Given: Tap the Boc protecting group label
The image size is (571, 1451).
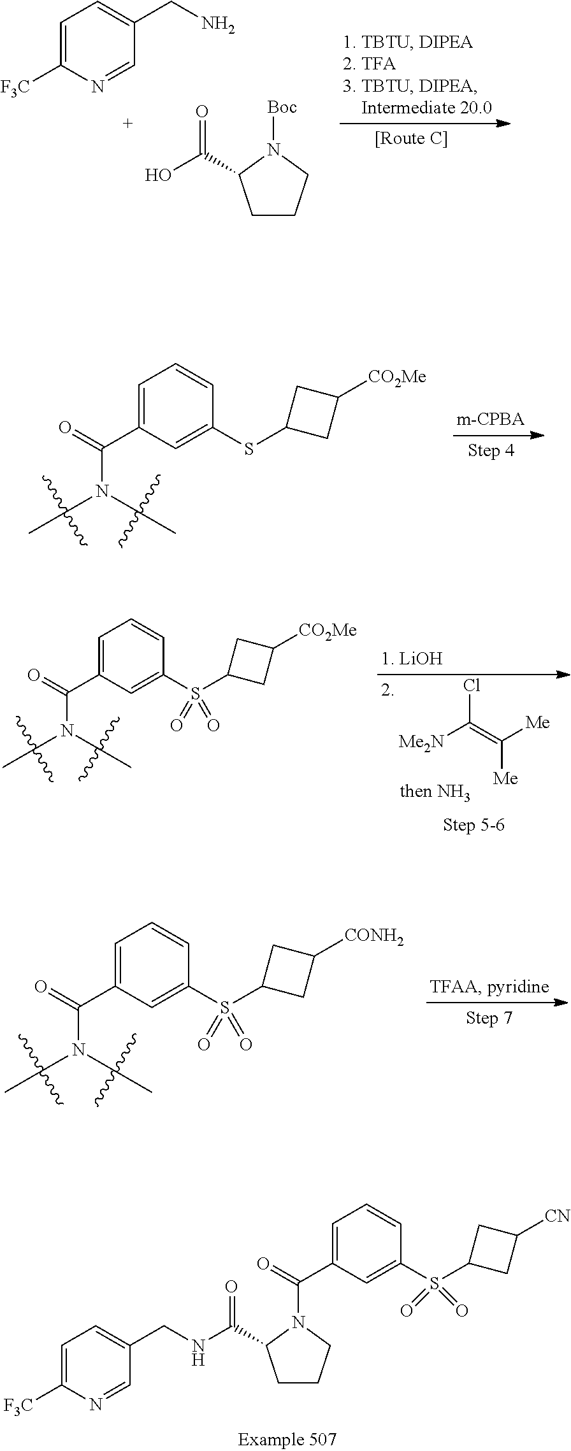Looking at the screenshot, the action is (282, 107).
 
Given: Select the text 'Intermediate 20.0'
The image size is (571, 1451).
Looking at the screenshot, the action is (426, 108).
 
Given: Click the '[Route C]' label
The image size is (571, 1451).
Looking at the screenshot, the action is (411, 138).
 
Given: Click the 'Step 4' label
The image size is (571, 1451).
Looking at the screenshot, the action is (492, 450).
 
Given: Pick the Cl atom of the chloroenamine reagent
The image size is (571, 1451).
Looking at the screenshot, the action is (472, 685).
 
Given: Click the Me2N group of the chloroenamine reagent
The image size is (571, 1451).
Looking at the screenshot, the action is (420, 741).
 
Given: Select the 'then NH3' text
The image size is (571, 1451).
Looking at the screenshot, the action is (435, 792).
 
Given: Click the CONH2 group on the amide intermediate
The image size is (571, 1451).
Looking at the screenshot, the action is (375, 936).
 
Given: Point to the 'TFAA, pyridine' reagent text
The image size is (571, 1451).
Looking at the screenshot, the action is (489, 987).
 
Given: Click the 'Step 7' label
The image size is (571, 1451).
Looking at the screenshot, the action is (489, 1017).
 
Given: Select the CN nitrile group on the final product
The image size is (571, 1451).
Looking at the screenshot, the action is (556, 1216).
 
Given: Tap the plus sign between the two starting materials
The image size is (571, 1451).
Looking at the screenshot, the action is (128, 123).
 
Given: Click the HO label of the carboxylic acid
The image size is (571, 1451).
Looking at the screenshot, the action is (158, 175).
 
